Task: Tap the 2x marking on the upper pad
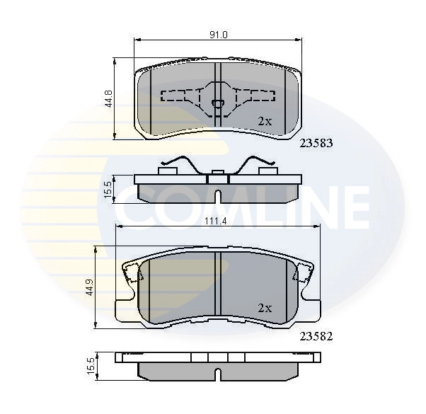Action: click(x=264, y=121)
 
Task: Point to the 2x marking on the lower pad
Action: click(x=264, y=309)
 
